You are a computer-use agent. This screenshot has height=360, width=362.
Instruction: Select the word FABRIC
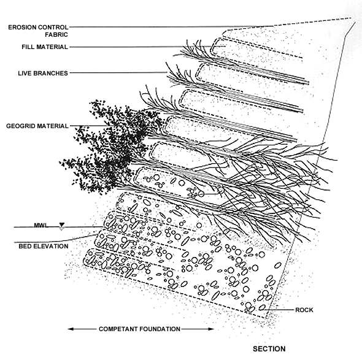click(x=56, y=34)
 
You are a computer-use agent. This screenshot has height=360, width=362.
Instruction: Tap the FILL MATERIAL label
click(x=45, y=47)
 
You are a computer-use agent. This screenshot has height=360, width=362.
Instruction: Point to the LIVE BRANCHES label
click(x=43, y=73)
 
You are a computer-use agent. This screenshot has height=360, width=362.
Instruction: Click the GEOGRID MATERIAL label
click(x=37, y=126)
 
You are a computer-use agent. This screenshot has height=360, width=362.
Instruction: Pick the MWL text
click(x=41, y=225)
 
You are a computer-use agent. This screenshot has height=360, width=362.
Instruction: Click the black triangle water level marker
click(x=62, y=224)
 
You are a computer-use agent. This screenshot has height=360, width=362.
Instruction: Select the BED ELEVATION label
click(x=44, y=246)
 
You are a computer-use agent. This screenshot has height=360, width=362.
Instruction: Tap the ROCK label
click(x=304, y=310)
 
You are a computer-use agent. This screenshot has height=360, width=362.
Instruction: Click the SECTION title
click(x=269, y=349)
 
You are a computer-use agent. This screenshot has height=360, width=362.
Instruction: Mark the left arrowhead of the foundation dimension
click(x=71, y=329)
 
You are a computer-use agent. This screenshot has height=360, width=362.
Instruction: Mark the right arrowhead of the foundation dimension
click(x=212, y=329)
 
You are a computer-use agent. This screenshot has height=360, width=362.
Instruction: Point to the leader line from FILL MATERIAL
click(x=147, y=47)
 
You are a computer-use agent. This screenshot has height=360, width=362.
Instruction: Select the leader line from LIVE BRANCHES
click(x=118, y=73)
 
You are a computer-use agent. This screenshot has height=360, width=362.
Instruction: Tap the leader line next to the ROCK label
click(x=279, y=310)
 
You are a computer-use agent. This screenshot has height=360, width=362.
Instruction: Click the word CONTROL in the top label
click(x=53, y=27)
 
